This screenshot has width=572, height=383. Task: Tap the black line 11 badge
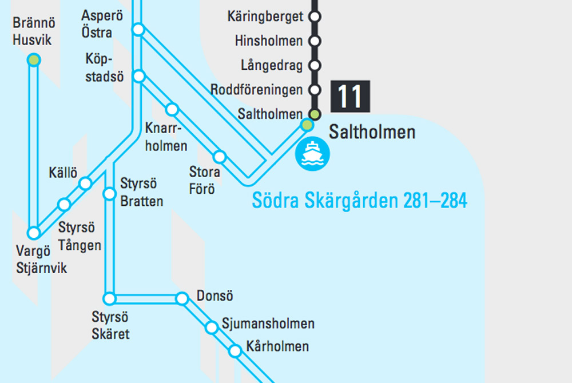[x=350, y=96]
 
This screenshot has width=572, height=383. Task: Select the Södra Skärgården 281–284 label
[x=359, y=201]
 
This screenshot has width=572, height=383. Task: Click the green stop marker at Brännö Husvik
[x=34, y=60]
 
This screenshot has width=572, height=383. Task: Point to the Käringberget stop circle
[x=314, y=17]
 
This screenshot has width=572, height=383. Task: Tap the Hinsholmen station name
[x=268, y=41]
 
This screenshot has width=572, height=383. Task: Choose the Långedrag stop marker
[x=314, y=65]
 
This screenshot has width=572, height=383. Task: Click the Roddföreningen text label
[x=256, y=90]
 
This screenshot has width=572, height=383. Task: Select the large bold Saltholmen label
[x=372, y=133]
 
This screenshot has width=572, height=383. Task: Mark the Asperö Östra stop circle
[x=138, y=29]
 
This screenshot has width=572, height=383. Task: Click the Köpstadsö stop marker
[x=138, y=75]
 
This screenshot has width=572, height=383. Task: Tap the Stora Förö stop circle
[x=219, y=156]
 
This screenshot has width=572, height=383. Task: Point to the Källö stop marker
[x=85, y=183]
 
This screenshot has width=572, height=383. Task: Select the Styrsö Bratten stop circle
[x=109, y=194]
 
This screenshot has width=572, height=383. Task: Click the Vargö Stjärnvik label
[x=41, y=260]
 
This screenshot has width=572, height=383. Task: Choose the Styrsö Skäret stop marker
[x=109, y=298]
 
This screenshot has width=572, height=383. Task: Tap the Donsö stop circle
[x=182, y=298]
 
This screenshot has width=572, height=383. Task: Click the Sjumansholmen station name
[x=268, y=324]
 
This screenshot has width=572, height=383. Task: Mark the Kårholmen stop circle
[x=235, y=351]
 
